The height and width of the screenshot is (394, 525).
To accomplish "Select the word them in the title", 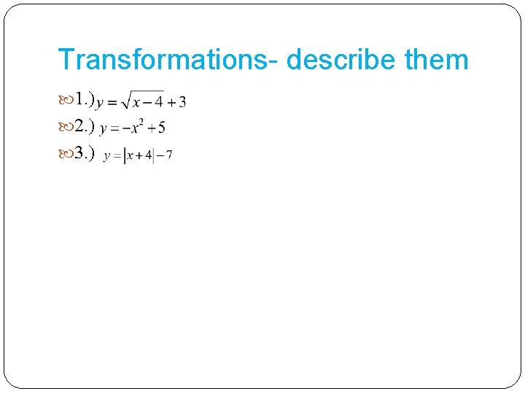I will pos(437,59).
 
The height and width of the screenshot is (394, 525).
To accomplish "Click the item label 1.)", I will pos(85,101).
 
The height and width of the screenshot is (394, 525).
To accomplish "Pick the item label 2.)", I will pos(85,128).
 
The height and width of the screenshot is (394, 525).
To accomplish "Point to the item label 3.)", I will pos(85,155).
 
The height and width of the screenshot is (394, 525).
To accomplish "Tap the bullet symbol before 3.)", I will pos(65,155).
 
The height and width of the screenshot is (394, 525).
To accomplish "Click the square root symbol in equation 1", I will pos(126,101).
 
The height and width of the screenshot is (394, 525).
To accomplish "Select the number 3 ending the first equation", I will pos(182,102).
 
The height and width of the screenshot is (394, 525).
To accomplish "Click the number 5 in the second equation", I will pos(161,128).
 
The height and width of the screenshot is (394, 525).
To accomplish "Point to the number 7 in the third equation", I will pos(168,155).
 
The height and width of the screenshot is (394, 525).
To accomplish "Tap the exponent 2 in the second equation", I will pos(139,123).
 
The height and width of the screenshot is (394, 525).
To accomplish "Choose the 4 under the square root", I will pos(158,102).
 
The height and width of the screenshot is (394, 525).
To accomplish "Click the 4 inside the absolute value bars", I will pos(148,155).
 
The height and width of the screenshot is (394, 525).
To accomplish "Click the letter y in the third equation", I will pos(107,156).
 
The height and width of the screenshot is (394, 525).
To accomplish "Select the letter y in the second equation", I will pos(104,130).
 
